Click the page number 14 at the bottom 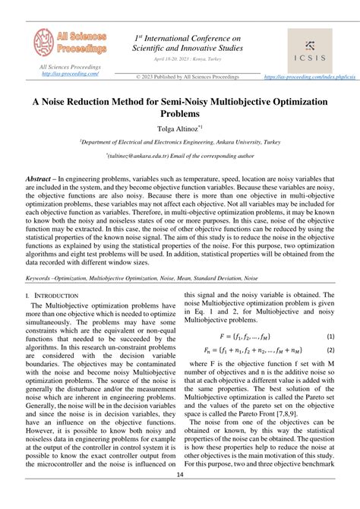(x=180, y=496)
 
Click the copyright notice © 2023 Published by (x=187, y=77)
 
